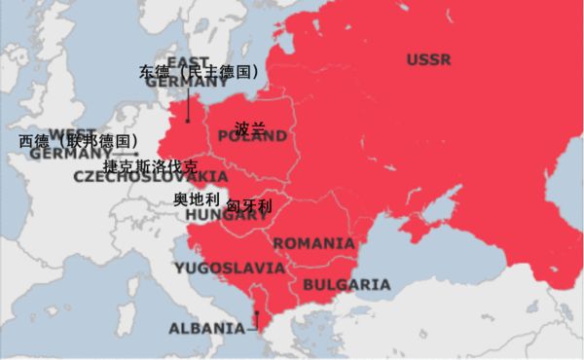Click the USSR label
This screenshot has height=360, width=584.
coord(428,60)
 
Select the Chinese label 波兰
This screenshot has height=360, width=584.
coord(250,127)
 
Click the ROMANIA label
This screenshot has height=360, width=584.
coord(313,242)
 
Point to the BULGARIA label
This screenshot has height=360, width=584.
coord(346,285)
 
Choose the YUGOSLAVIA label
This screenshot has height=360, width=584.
coord(230,267)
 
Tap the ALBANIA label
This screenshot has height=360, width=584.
coord(207,328)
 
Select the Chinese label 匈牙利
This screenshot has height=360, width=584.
coord(249,206)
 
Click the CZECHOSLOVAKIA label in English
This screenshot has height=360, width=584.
coord(151,177)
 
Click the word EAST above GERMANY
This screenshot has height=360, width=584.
coord(188,60)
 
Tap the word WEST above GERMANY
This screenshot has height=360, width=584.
coord(73,133)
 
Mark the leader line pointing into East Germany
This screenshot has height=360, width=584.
coord(188,105)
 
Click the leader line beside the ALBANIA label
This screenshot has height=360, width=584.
coord(256,319)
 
